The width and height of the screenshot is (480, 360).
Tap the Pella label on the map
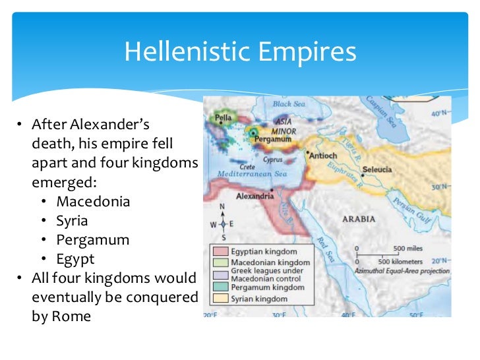coord(220,119)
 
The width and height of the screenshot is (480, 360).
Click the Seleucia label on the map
coord(377,169)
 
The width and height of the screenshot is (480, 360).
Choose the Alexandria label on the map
coord(255,196)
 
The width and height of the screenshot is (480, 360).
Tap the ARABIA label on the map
coord(359,219)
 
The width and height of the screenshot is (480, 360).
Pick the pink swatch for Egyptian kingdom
coord(220,252)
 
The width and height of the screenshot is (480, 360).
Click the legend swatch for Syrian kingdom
coord(220,299)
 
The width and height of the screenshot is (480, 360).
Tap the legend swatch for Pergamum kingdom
coord(220,287)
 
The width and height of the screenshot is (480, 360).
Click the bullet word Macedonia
coord(93,201)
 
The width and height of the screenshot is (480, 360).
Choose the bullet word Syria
coord(72,220)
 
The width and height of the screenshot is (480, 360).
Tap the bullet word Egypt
coord(75,258)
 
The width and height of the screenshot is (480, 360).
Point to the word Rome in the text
coord(75,316)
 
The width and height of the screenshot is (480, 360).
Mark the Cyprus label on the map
coord(273,160)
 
